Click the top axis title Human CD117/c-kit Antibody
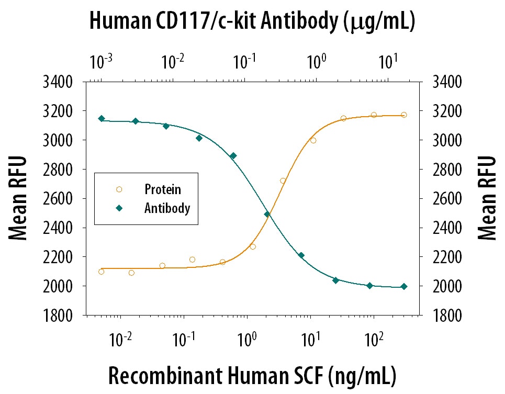(x=252, y=21)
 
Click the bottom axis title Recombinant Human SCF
(x=252, y=376)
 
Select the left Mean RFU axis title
(x=18, y=198)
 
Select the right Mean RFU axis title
(x=487, y=198)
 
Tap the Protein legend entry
(x=163, y=189)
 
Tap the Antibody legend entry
(x=167, y=208)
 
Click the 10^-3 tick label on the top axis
(x=100, y=62)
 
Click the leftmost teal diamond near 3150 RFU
(x=102, y=118)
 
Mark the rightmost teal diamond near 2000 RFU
(x=403, y=286)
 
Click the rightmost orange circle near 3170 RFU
(x=403, y=115)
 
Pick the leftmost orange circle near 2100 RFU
(x=101, y=271)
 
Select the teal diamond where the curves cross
(x=267, y=214)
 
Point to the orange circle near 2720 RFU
(x=283, y=181)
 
